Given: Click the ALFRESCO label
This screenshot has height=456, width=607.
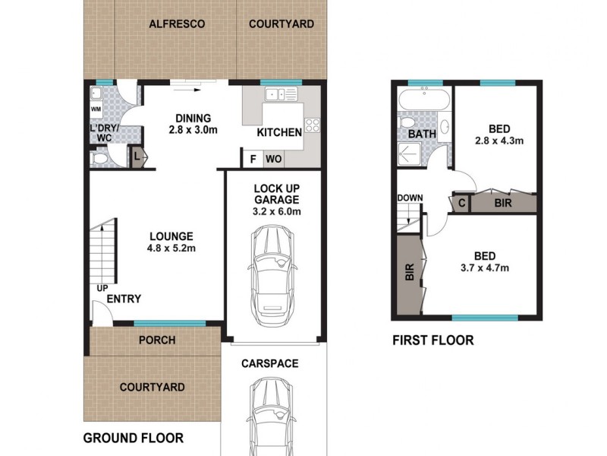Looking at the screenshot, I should click(177, 24).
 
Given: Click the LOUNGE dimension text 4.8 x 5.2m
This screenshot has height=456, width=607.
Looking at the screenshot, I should click(171, 248).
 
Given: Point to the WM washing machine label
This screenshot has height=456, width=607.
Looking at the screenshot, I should click(96, 109).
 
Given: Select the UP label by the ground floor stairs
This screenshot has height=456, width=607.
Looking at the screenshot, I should click(101, 288).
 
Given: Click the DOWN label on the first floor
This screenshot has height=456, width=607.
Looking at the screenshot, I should click(410, 198).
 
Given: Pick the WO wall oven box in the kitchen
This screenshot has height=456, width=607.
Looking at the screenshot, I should click(273, 160).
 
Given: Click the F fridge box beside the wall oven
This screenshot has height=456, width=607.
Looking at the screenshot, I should click(252, 160).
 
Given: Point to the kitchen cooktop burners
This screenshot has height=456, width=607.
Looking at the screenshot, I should click(313, 126).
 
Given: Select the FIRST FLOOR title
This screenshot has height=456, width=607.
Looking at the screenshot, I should click(432, 340).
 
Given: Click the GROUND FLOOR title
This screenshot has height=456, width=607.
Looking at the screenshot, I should click(133, 438).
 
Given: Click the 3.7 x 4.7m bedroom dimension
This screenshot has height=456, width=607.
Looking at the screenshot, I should click(483, 267).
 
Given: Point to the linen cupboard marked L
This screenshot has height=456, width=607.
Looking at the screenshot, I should click(137, 157).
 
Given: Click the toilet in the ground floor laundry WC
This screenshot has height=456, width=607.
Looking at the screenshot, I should click(99, 159).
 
